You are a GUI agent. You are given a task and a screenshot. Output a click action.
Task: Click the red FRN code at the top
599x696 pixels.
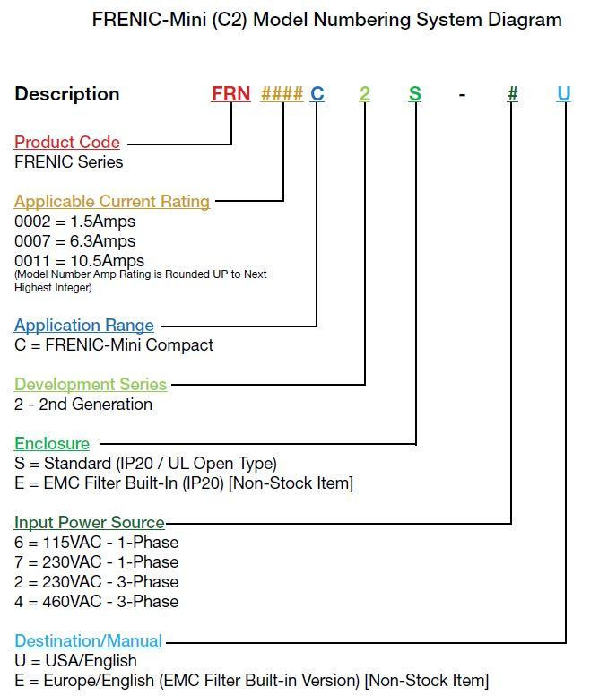(x=231, y=93)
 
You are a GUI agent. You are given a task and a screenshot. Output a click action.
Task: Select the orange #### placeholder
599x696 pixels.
(x=282, y=93)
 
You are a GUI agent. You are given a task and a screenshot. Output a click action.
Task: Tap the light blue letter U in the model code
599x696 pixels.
(x=563, y=93)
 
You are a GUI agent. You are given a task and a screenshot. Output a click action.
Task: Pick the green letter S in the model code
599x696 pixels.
(x=415, y=93)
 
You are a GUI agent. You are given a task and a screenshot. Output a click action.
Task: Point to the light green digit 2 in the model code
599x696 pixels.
(x=365, y=93)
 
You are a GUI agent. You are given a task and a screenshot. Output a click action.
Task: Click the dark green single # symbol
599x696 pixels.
(x=513, y=93)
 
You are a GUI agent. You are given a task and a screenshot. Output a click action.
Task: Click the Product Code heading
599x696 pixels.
(x=67, y=142)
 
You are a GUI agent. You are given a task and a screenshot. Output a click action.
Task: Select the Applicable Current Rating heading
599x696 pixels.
(x=112, y=202)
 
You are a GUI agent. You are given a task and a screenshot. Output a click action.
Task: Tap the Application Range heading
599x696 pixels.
(x=84, y=326)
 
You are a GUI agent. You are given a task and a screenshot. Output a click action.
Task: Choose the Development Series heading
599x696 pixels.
(x=91, y=385)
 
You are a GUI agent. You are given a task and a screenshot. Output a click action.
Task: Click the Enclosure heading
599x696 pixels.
(x=52, y=443)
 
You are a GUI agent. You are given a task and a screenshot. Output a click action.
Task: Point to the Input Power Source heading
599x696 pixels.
(x=90, y=522)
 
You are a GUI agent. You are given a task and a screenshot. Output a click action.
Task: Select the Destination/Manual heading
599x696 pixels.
(x=88, y=641)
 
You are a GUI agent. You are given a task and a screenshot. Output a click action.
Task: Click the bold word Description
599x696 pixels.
(x=67, y=94)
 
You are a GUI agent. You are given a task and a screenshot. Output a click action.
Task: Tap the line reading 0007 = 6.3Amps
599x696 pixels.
(x=75, y=241)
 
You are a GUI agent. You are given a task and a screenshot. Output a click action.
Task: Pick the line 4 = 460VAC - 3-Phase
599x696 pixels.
(x=97, y=602)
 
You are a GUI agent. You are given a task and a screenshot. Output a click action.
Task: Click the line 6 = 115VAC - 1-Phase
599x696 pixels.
(x=97, y=543)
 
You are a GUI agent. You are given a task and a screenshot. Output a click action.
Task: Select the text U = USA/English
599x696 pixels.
(x=76, y=660)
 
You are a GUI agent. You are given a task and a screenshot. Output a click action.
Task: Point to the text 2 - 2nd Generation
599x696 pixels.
(x=83, y=405)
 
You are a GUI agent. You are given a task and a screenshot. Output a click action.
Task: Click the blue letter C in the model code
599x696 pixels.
(x=317, y=93)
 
